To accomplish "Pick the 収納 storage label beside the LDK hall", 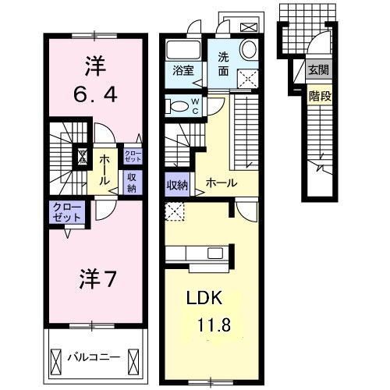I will pos(177,185).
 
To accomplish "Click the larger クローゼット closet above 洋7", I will pos(66,211).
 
